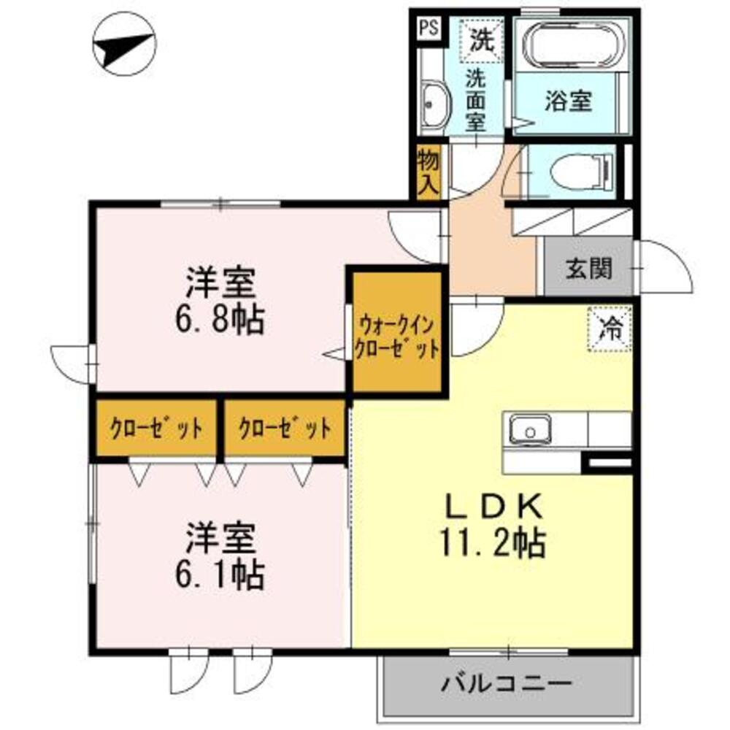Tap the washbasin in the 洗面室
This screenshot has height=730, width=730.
(435, 103)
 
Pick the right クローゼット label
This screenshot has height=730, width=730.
(285, 429)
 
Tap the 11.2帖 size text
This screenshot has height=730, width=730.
(493, 542)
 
